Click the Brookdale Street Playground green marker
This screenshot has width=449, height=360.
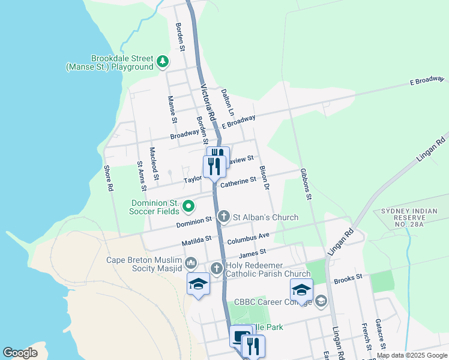coord(162,61)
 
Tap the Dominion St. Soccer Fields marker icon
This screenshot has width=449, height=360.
coord(188,207)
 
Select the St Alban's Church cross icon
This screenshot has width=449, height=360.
coord(224,217)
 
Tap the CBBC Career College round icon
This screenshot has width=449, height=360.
coord(321,301)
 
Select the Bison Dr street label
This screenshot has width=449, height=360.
coord(264,178)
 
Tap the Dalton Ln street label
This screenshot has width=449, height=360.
coord(227,101)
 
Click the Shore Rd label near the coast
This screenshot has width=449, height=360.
coord(109,179)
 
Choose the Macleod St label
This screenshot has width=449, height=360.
coord(154,163)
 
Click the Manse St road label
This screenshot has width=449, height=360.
coord(172,110)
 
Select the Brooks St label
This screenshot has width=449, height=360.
coord(349,278)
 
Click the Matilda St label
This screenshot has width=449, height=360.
coord(197,241)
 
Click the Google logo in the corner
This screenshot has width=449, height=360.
coord(20,352)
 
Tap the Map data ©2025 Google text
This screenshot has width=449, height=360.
coord(411,355)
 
